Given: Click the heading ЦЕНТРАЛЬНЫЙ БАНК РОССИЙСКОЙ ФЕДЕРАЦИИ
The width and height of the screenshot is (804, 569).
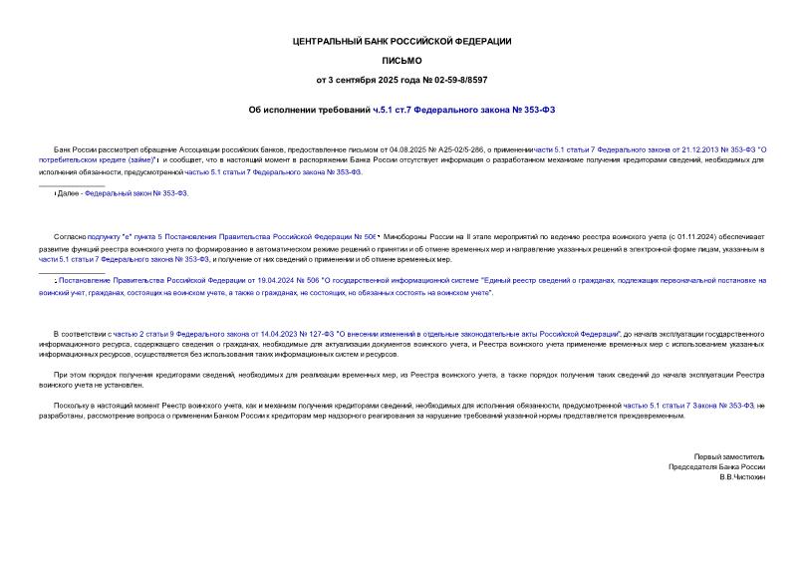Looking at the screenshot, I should (x=402, y=41).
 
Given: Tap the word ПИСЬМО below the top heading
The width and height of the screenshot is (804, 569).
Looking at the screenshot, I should (x=402, y=60).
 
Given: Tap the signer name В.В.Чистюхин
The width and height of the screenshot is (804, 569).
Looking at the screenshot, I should (x=741, y=477).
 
